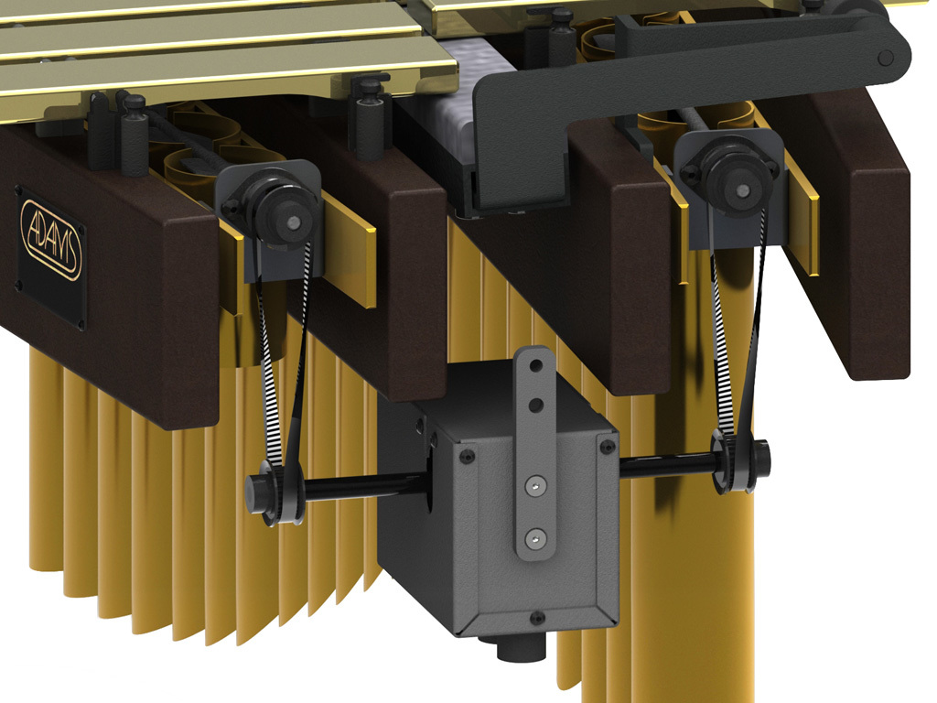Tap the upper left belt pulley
282,217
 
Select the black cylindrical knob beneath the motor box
519,652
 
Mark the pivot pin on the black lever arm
884,57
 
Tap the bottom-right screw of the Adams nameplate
81,322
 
